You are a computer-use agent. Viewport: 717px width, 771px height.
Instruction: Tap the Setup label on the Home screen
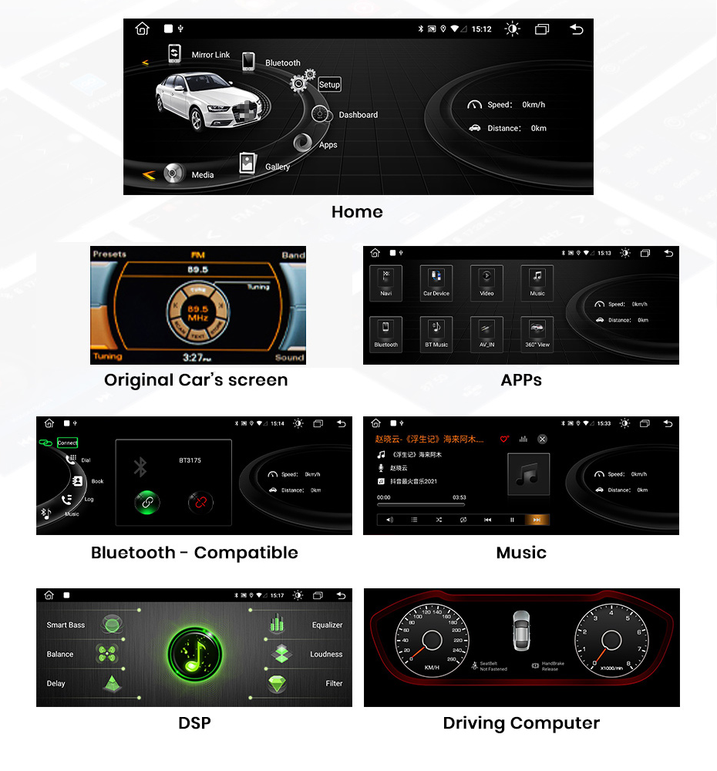click(329, 85)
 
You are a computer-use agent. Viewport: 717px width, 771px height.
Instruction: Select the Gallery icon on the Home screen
click(247, 163)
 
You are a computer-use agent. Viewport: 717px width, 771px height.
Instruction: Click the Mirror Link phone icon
click(175, 54)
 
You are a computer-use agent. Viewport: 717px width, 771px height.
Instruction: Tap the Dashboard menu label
click(358, 115)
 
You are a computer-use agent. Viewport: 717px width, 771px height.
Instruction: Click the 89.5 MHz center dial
click(198, 312)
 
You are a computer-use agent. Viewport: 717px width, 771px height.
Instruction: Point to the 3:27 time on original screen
click(197, 357)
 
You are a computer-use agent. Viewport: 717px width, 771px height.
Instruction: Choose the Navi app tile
click(385, 282)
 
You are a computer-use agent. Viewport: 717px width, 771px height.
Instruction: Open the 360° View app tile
click(537, 334)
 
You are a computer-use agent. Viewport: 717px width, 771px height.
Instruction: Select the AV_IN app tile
click(486, 334)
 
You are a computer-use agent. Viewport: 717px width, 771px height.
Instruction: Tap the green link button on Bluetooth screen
click(146, 502)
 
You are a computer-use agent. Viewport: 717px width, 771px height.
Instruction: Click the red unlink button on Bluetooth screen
click(200, 502)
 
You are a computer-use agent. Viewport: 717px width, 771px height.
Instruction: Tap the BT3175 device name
click(190, 460)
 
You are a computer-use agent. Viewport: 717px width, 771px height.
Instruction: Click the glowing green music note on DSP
click(194, 655)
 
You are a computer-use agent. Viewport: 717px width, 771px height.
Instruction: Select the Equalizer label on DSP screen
click(327, 625)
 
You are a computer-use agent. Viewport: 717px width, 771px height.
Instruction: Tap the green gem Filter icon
click(278, 683)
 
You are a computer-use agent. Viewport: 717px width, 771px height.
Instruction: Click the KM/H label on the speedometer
click(432, 667)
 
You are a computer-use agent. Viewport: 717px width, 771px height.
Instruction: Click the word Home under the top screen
click(357, 211)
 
